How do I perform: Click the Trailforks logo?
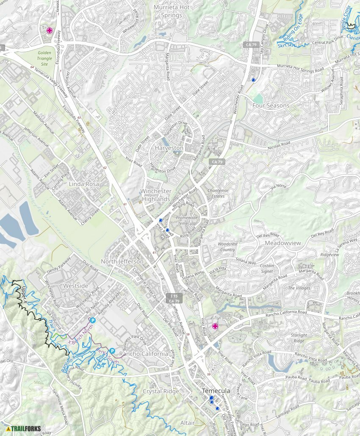23,428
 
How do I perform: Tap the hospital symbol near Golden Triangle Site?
49,31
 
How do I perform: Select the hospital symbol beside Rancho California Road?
215,326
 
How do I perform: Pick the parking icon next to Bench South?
112,351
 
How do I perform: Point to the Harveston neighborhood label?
169,148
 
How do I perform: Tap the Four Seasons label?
271,105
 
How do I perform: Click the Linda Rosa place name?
84,184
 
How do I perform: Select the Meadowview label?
282,243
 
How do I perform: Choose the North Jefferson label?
122,261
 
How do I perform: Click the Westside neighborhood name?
76,286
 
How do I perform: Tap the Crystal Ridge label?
161,391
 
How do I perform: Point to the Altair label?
188,423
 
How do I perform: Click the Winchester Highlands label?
156,195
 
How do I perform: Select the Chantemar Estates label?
218,193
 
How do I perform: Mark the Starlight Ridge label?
298,338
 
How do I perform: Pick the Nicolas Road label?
279,146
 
